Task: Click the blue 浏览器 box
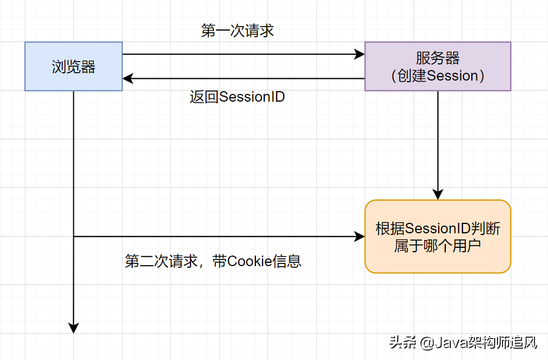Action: click(73, 66)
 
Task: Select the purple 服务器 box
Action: click(438, 66)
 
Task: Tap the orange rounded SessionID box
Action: click(438, 237)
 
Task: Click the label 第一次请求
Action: click(237, 31)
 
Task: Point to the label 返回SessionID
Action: click(237, 97)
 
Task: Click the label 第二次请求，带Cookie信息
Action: click(213, 261)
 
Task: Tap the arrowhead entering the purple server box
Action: click(360, 54)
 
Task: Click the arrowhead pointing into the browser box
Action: click(128, 78)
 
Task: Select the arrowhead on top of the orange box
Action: click(438, 194)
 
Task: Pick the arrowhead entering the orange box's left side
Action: click(360, 237)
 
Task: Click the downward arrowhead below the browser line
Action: click(73, 328)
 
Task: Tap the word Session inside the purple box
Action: click(453, 76)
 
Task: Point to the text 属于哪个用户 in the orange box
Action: click(438, 246)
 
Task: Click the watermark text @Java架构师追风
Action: click(479, 343)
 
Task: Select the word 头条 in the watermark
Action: click(403, 343)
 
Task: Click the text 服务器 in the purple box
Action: click(438, 58)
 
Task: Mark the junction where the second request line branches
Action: click(73, 237)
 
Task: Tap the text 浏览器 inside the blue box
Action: click(73, 67)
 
